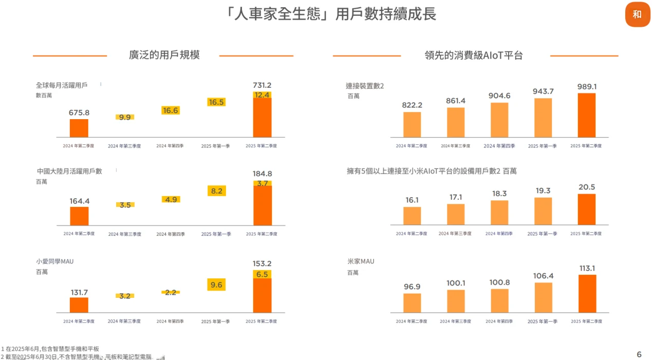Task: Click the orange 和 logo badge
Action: tap(637, 14)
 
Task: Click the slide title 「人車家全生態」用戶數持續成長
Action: tap(331, 14)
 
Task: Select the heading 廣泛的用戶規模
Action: tap(164, 55)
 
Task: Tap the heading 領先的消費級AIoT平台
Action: tap(473, 55)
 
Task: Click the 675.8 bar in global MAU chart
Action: tap(79, 128)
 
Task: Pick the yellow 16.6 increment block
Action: tap(171, 110)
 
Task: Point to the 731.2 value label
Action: tap(262, 85)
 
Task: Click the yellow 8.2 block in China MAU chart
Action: tap(216, 191)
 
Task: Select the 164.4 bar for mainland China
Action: tap(79, 216)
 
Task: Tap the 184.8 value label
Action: tap(262, 174)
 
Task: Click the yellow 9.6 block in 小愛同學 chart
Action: tap(216, 285)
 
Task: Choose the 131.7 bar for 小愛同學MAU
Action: tap(79, 305)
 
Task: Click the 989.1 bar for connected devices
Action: tap(587, 115)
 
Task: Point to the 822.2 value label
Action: tap(412, 105)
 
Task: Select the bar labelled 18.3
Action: tap(499, 213)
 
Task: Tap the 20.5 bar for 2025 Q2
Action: tap(587, 209)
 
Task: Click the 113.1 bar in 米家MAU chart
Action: tap(587, 293)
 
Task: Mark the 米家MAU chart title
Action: tap(361, 261)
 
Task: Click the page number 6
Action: tap(639, 354)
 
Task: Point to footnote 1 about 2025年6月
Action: tap(50, 349)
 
